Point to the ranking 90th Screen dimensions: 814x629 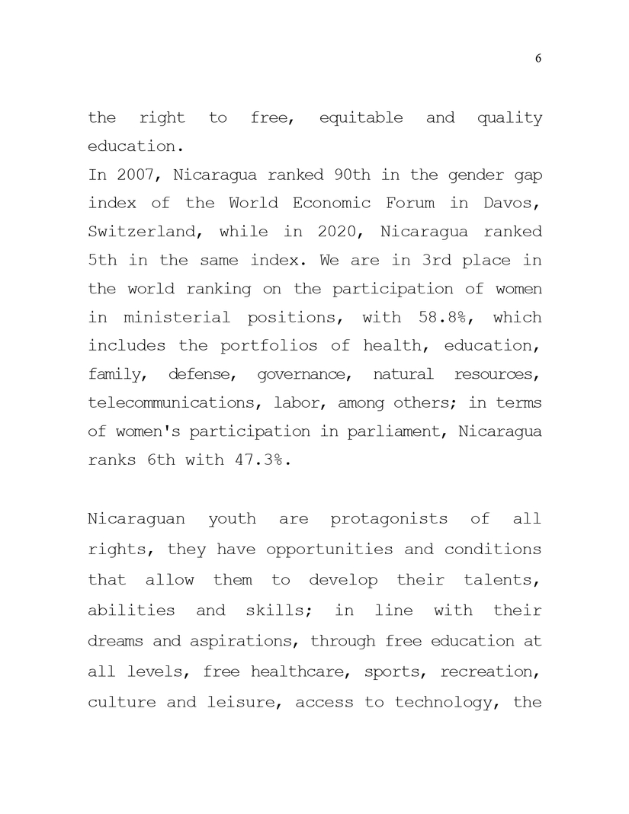click(355, 175)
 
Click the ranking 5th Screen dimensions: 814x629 click(102, 260)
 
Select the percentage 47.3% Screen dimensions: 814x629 click(258, 460)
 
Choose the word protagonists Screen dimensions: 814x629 click(389, 520)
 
